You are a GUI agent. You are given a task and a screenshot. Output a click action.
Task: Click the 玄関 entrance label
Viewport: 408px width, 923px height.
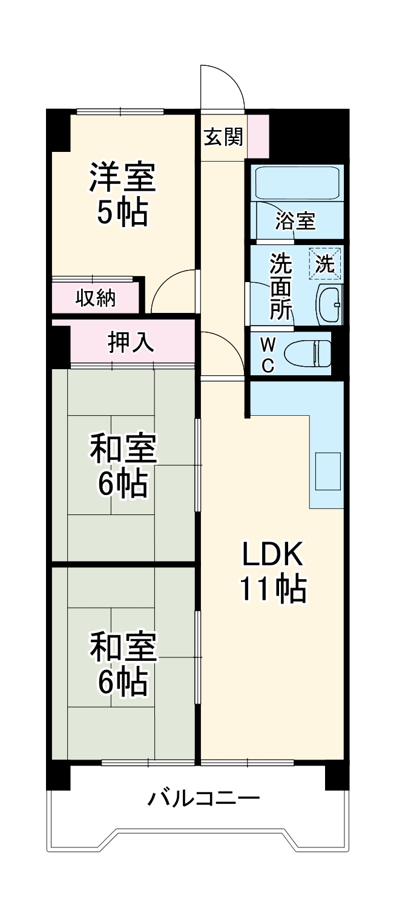pos(223,137)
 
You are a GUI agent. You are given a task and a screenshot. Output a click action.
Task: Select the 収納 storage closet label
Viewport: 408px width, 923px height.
pos(96,298)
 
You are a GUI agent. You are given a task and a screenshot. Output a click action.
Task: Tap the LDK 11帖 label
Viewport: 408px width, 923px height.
pos(272,571)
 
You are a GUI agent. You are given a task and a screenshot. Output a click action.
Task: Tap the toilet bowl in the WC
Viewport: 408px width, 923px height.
pos(308,353)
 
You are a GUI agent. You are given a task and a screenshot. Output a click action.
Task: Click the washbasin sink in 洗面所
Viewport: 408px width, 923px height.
pos(331,304)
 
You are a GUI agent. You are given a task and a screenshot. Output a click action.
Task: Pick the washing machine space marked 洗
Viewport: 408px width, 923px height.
pos(326,264)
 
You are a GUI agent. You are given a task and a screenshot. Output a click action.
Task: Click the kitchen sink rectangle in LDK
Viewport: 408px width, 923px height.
pos(327,471)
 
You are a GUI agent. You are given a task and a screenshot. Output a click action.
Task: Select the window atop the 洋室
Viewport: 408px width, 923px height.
pos(120,111)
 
